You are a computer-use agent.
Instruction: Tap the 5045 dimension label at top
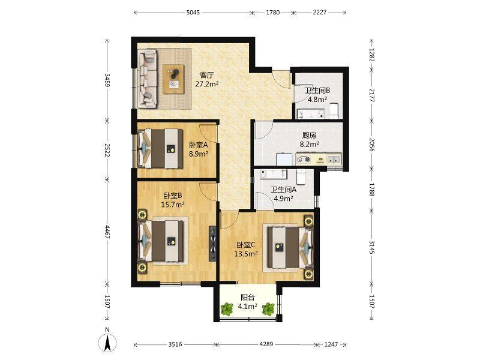click(193, 13)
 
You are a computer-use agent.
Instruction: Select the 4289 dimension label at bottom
click(266, 344)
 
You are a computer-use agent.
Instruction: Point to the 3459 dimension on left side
click(107, 80)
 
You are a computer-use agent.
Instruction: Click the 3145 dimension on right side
click(371, 247)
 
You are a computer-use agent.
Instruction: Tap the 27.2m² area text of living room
click(207, 83)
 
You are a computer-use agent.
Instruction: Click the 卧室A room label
click(199, 145)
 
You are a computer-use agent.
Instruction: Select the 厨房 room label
click(309, 135)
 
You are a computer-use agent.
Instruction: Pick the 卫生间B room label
click(317, 91)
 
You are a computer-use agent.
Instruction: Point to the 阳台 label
click(247, 297)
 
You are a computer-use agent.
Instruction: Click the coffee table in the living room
click(174, 79)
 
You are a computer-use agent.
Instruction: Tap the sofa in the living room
click(148, 79)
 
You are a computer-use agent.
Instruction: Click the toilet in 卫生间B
click(334, 111)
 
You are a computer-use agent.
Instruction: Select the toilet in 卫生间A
click(301, 177)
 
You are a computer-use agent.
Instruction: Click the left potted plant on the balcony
click(227, 309)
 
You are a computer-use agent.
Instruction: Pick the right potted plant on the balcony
click(268, 309)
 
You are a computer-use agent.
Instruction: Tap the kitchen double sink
click(334, 159)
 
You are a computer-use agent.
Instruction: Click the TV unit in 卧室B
click(212, 244)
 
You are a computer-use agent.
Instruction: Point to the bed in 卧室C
click(290, 247)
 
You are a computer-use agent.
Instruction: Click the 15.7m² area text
click(173, 205)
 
